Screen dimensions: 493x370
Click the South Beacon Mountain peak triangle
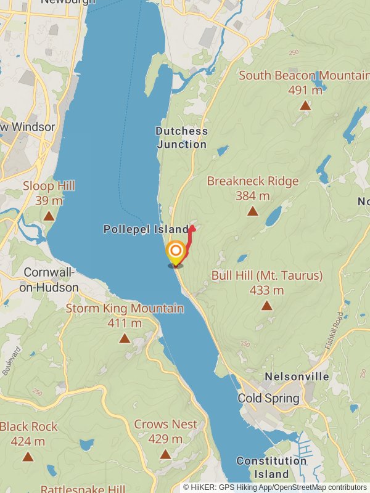pos(305,106)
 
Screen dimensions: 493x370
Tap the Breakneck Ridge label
pos(253,181)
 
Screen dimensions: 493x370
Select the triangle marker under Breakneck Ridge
pos(252,211)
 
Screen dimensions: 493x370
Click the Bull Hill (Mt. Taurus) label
pos(267,275)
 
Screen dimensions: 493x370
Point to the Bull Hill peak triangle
pos(266,305)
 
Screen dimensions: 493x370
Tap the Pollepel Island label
pos(146,229)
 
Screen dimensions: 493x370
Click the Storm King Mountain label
pos(125,308)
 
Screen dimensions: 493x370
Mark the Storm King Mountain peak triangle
pos(125,338)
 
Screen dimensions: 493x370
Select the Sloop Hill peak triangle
pos(49,216)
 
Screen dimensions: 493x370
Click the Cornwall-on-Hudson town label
pos(51,280)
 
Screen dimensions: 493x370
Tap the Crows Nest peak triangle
pos(165,454)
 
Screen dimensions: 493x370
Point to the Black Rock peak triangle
pos(28,456)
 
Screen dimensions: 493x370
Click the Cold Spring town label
pos(268,398)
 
